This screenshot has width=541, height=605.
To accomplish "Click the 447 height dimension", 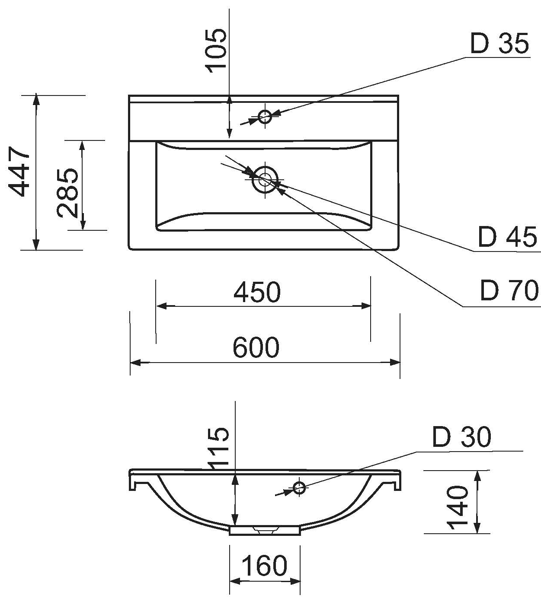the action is pos(19,172).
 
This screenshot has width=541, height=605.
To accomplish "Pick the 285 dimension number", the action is pos(67,192).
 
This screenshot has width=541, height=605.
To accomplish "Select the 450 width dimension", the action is pos(257,292).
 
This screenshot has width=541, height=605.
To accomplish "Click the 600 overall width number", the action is pos(256,347).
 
